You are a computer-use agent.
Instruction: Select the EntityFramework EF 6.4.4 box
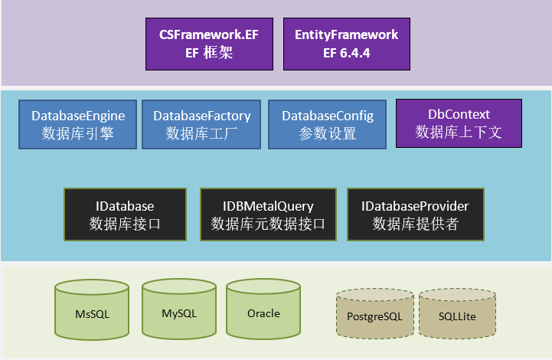(x=347, y=44)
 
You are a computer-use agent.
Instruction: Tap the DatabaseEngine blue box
(x=78, y=124)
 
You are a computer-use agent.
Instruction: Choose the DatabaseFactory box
(x=201, y=124)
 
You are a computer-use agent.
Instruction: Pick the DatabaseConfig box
(x=328, y=124)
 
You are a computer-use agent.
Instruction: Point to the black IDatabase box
(x=126, y=214)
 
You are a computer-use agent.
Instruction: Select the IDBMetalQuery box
(x=268, y=214)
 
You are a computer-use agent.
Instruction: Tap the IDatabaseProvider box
(x=415, y=214)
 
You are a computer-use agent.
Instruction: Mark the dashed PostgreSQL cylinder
(x=375, y=314)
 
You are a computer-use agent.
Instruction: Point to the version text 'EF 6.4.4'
(x=347, y=54)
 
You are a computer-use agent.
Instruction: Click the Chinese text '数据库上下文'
(x=459, y=132)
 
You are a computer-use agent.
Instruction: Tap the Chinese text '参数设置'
(x=328, y=134)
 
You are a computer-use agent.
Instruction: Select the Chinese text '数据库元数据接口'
(x=268, y=224)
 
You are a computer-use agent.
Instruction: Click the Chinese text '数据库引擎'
(x=78, y=134)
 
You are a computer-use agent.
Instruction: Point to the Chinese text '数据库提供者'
(x=415, y=224)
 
